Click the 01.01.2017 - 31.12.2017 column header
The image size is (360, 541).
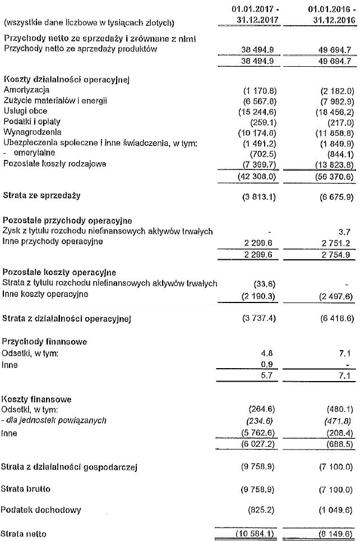click(255, 16)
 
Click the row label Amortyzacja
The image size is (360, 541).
click(26, 90)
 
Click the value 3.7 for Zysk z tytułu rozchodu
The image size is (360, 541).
click(345, 231)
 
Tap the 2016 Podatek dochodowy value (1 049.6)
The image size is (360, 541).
click(332, 510)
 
